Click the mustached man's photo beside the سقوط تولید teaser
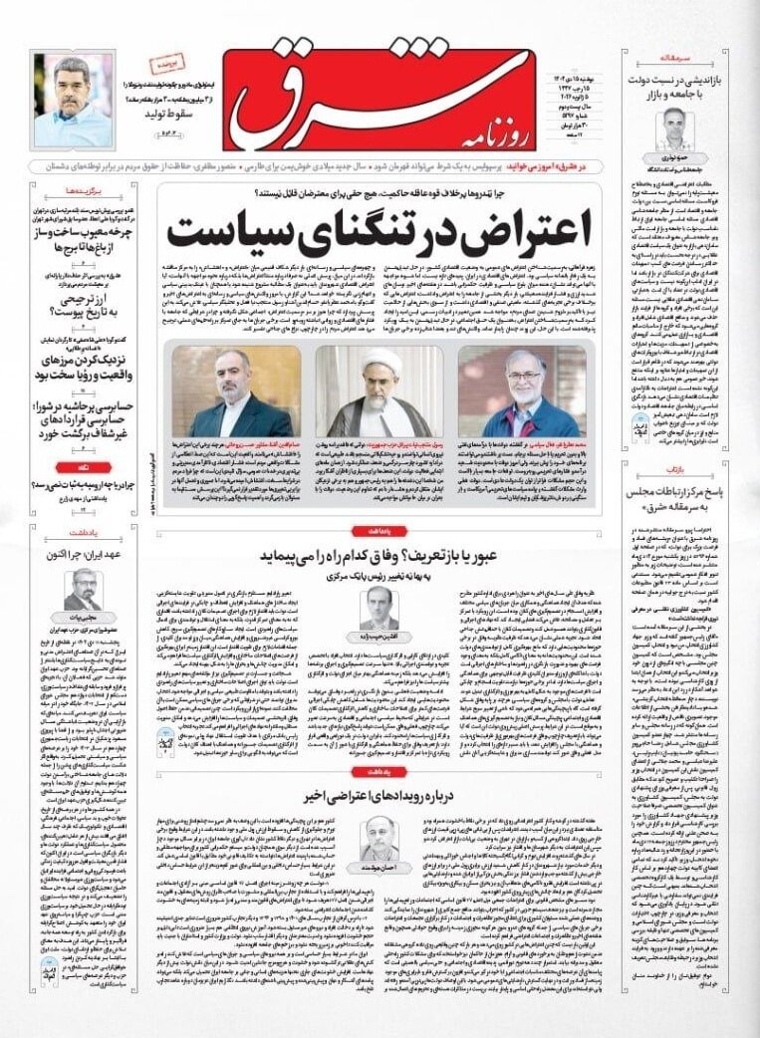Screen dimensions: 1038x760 pos(73,100)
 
